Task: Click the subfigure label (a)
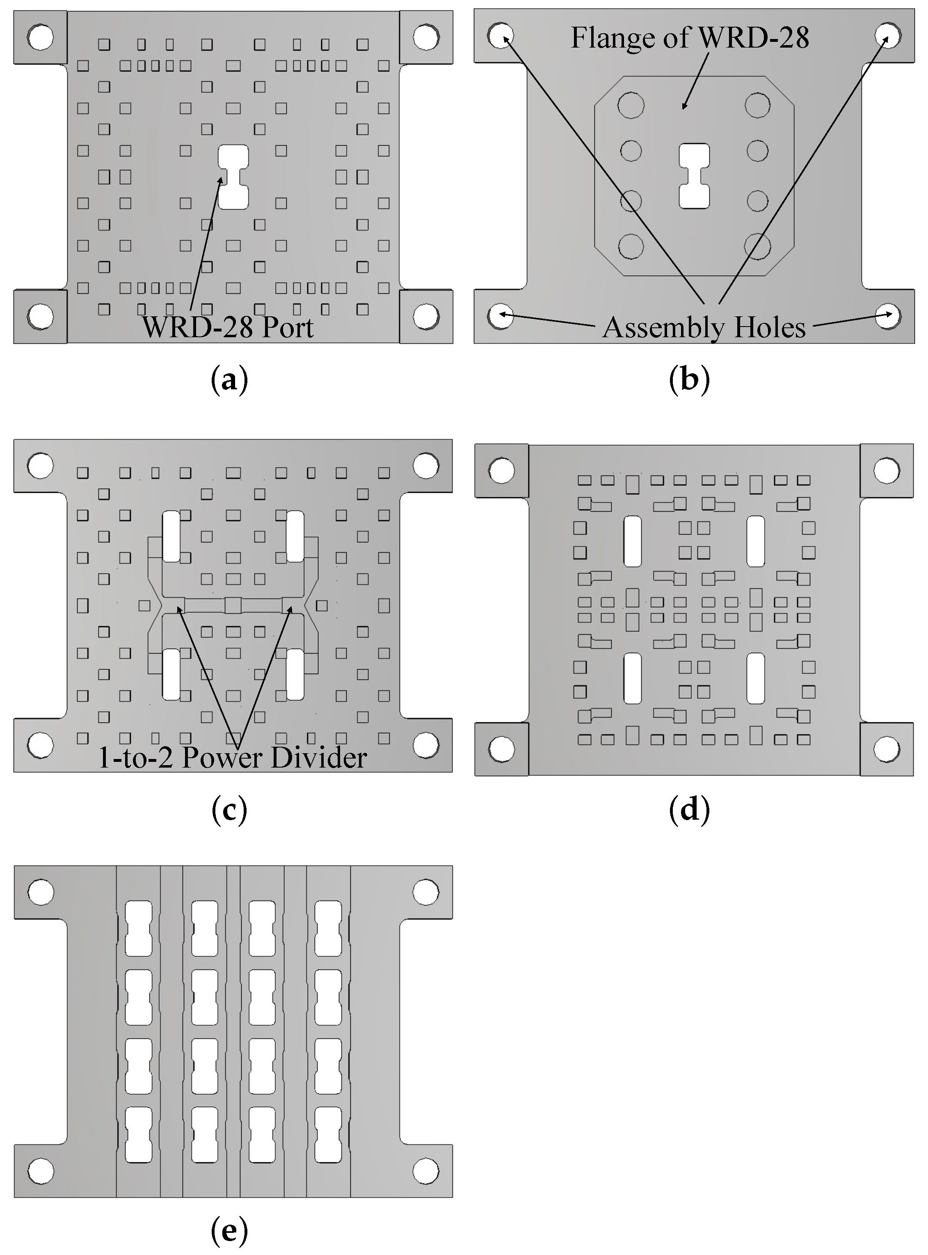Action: pyautogui.click(x=229, y=380)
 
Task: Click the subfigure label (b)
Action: pyautogui.click(x=689, y=380)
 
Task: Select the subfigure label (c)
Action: pyautogui.click(x=229, y=811)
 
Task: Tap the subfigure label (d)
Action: pyautogui.click(x=689, y=811)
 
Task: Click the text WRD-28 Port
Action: pyautogui.click(x=228, y=327)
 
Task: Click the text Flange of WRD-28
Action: pyautogui.click(x=690, y=38)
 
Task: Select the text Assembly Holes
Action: pyautogui.click(x=704, y=327)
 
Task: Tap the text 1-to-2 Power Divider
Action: pyautogui.click(x=233, y=758)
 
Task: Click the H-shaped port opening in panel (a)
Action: pyautogui.click(x=233, y=177)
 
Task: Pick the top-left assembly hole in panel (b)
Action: pyautogui.click(x=500, y=35)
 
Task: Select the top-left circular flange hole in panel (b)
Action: pyautogui.click(x=631, y=105)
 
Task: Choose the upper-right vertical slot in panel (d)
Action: pyautogui.click(x=756, y=542)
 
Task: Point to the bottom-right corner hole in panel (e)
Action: pyautogui.click(x=426, y=1171)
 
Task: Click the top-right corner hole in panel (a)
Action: pyautogui.click(x=426, y=37)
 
